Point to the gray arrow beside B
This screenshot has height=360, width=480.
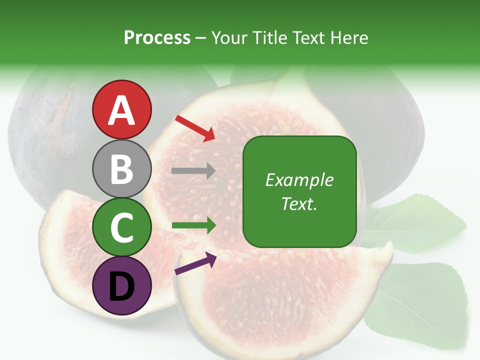point(193,171)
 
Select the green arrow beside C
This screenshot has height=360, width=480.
point(193,225)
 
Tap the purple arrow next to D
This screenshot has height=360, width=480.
point(195,263)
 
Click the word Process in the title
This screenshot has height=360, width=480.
point(157,38)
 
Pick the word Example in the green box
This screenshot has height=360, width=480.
point(299,180)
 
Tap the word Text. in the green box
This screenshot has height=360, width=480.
point(299,204)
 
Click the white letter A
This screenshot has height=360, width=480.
point(121,110)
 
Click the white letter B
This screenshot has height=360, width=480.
point(121,169)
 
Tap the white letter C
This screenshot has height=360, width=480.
point(121,227)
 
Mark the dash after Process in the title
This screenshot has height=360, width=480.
point(201,38)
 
